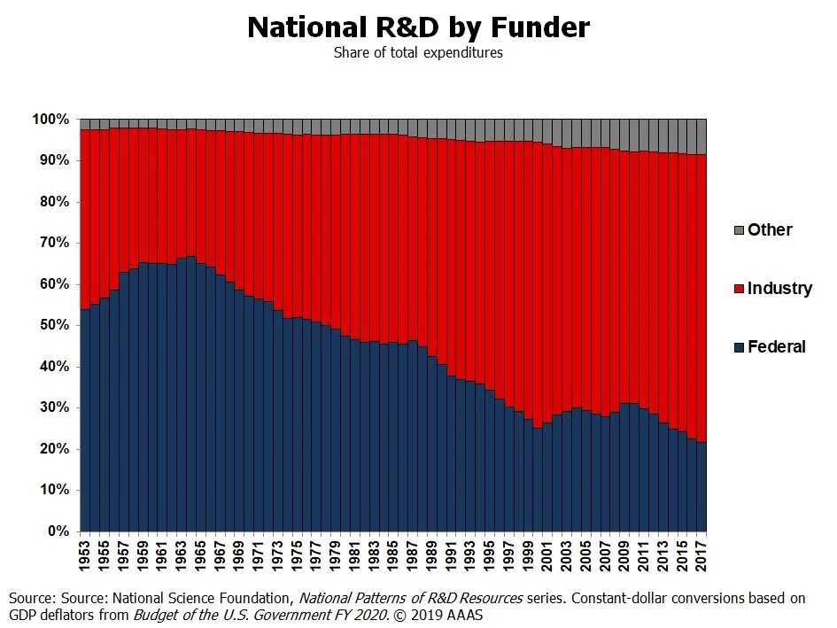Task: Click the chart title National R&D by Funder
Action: coord(418,27)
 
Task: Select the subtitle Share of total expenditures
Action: coord(418,52)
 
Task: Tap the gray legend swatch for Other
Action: coord(738,230)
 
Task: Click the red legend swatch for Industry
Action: coord(738,289)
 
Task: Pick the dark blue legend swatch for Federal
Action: coord(738,347)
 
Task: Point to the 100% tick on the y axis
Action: coord(50,120)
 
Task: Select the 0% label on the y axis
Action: coord(57,531)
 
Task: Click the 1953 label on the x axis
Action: coord(85,555)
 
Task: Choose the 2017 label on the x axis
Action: coord(701,555)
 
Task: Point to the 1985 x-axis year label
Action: coord(393,555)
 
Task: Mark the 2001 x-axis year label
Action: coord(546,555)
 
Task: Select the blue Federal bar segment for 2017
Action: coord(701,487)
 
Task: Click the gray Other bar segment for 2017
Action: coord(701,136)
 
